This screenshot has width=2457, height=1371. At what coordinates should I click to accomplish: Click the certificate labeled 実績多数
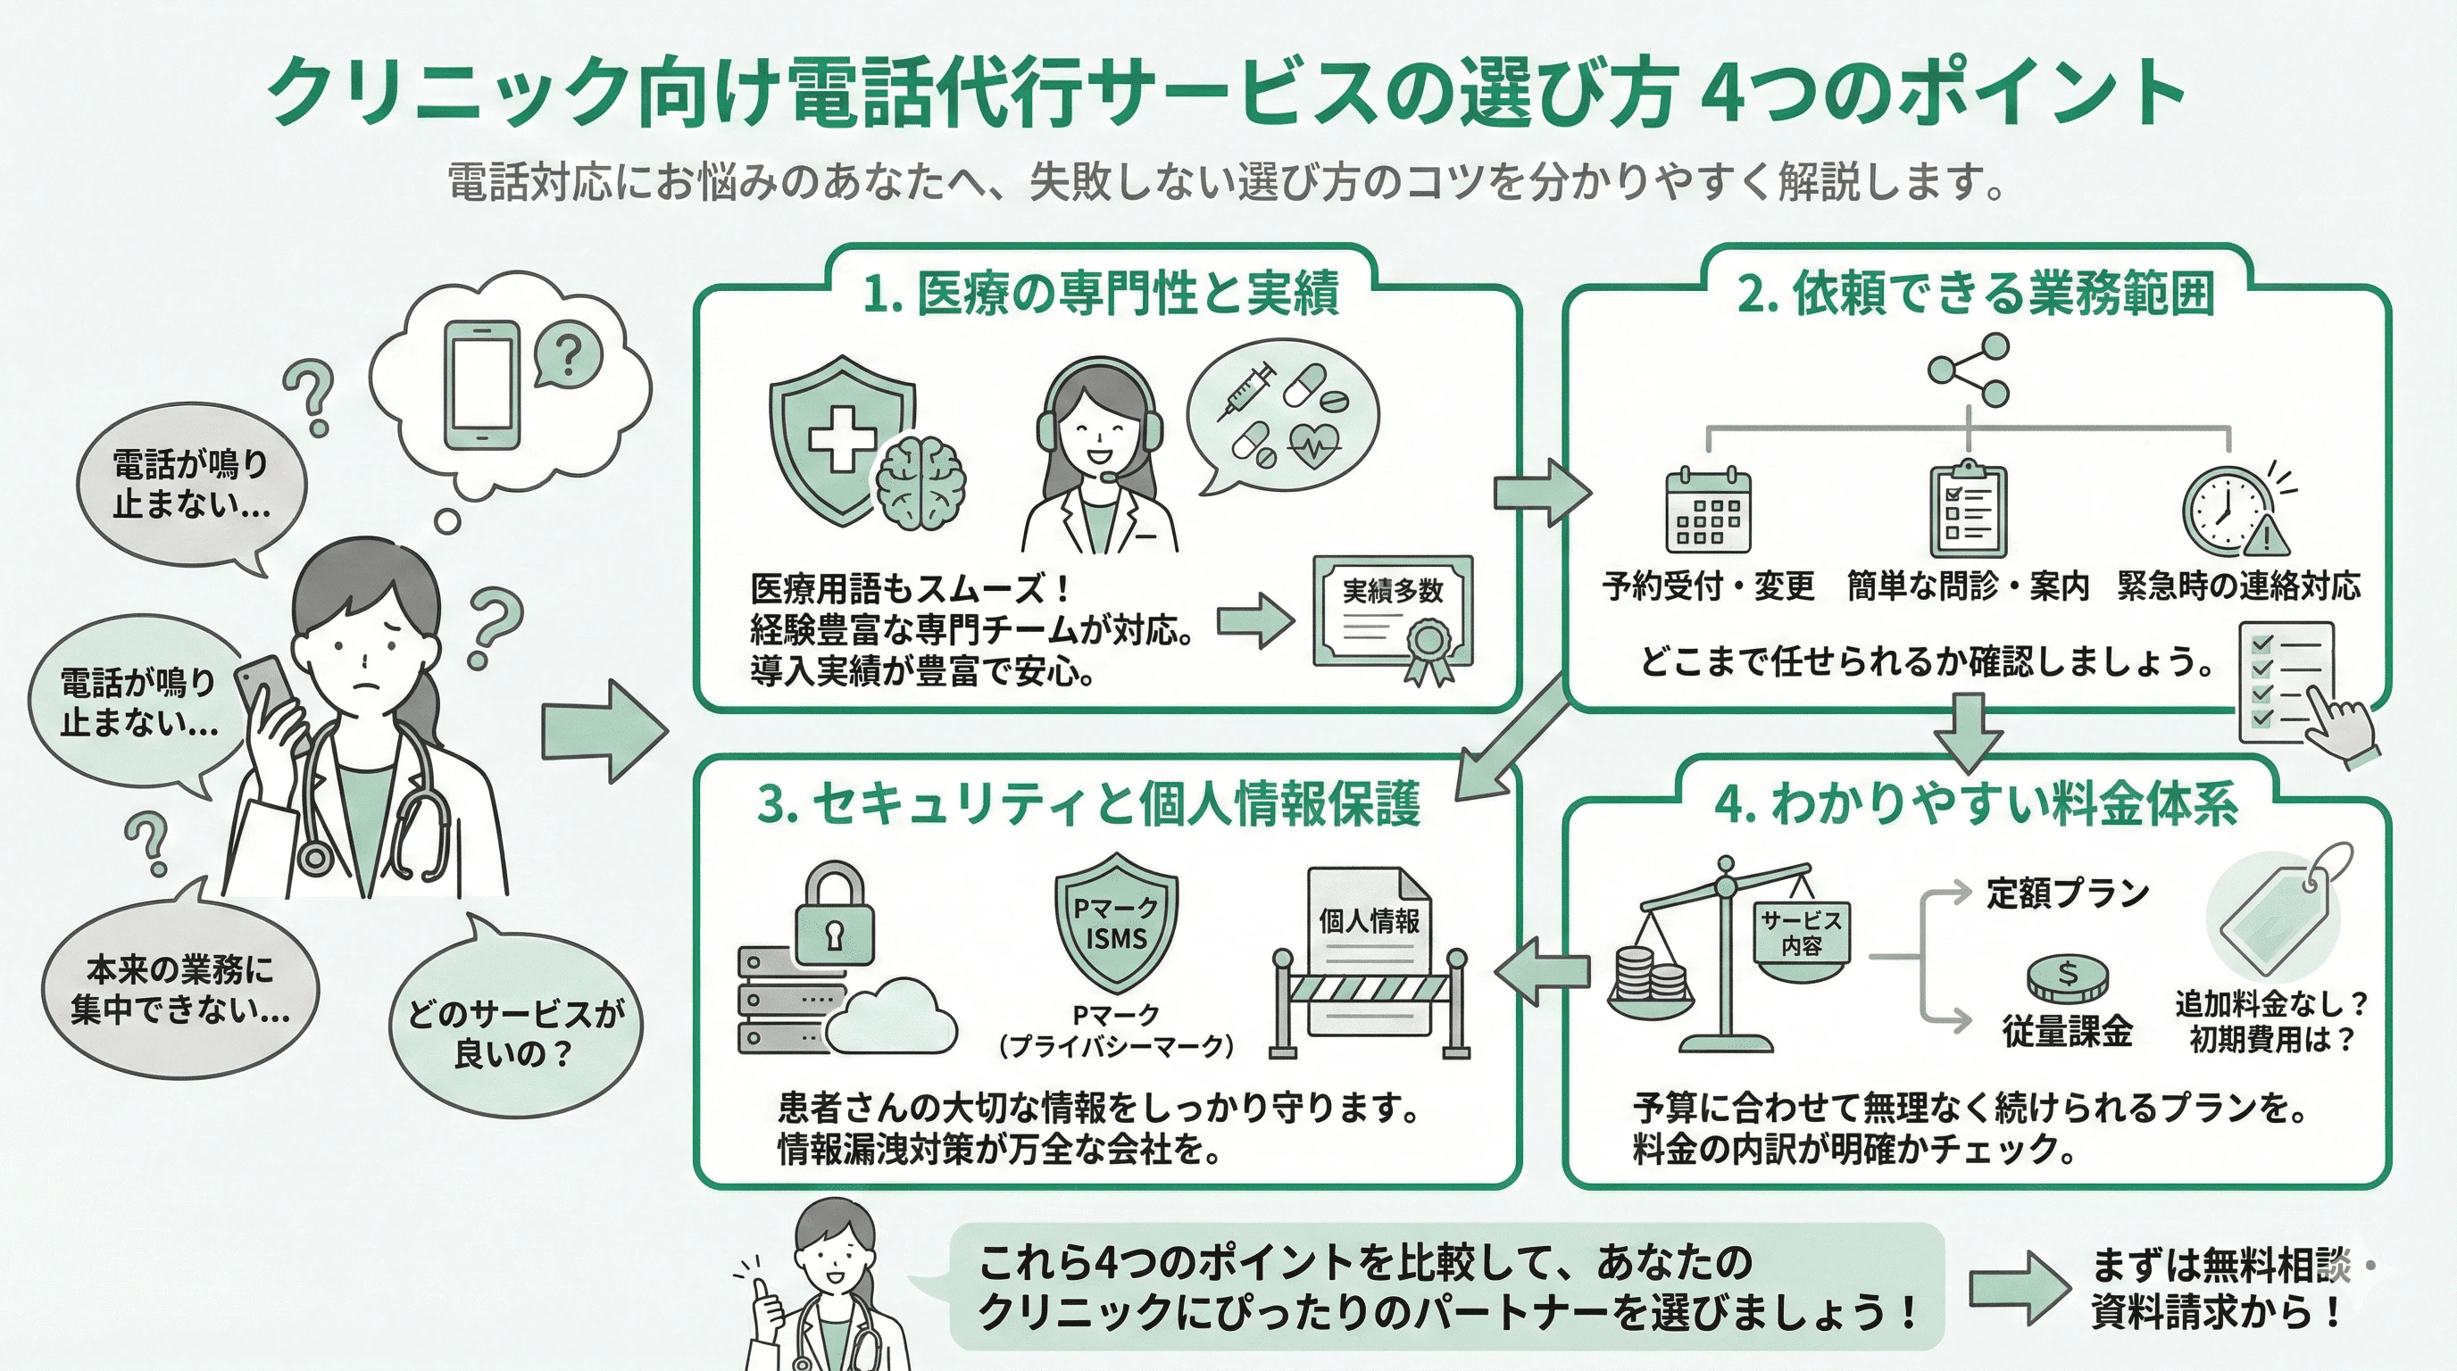point(1394,615)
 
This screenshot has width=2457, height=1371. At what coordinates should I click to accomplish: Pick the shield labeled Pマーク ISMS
point(1116,923)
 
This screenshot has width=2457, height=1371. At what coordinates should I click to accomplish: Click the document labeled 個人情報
point(1369,943)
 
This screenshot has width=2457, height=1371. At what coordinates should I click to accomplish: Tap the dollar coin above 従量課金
point(2067,976)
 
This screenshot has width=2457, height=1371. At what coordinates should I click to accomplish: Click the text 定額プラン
point(2067,893)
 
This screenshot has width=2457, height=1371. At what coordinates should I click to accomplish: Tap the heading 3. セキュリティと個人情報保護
point(1088,802)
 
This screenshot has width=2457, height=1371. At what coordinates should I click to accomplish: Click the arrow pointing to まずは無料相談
point(2019,1288)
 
